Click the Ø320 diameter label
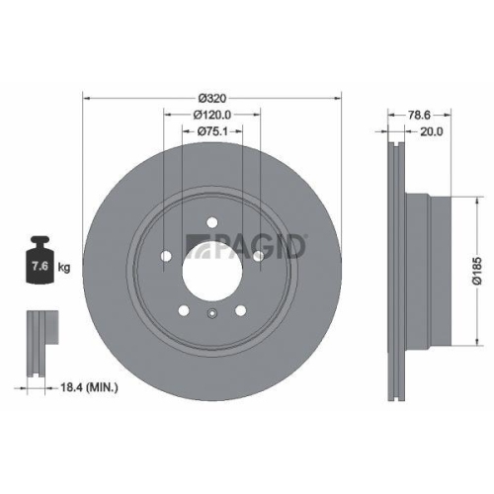point(211,98)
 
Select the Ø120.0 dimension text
point(211,115)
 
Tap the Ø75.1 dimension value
point(211,131)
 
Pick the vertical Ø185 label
point(475,264)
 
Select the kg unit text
point(63,267)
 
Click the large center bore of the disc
point(211,264)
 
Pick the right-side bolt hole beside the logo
point(259,259)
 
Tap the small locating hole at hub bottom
point(211,316)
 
